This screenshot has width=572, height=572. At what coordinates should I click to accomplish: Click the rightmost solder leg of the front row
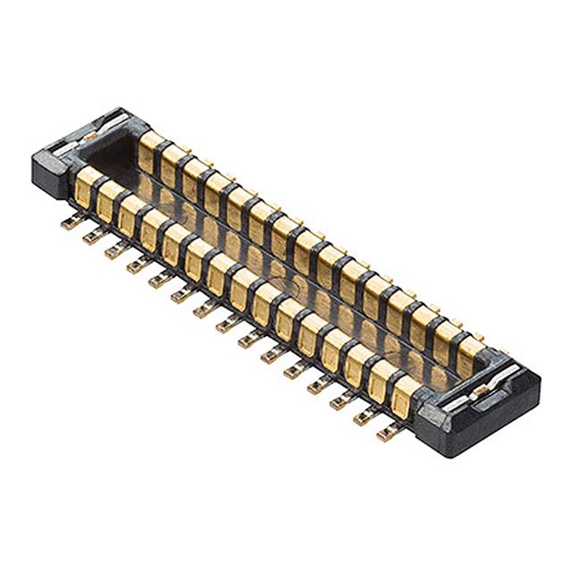coord(386,434)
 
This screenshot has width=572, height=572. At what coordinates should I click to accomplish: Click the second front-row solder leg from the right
coord(364,418)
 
